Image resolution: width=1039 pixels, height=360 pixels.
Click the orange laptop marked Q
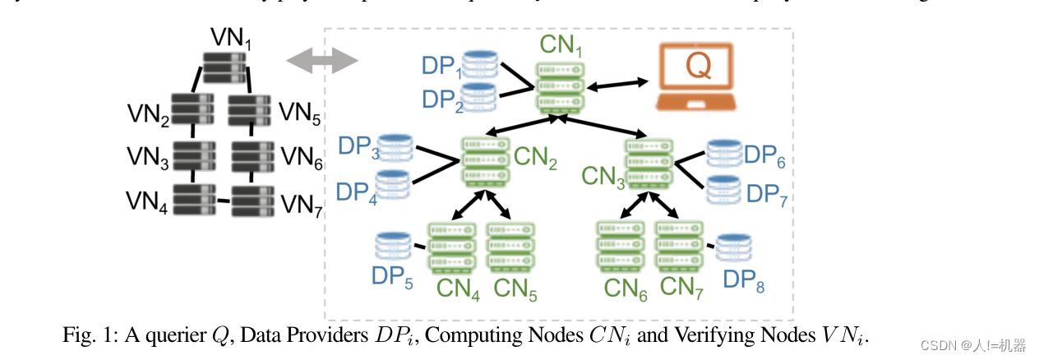click(x=697, y=77)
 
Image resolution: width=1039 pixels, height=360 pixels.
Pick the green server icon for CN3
click(x=649, y=164)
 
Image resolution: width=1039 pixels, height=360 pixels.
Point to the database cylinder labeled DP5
click(x=394, y=245)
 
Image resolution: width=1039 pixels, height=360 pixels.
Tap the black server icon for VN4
click(x=195, y=199)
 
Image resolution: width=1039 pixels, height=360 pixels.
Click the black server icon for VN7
click(x=252, y=200)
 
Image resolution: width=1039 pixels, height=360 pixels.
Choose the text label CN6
click(x=626, y=288)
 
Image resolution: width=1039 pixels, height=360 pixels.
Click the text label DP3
click(x=358, y=148)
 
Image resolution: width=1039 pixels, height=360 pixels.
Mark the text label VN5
click(x=300, y=113)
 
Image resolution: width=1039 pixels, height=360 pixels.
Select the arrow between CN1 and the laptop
click(x=621, y=83)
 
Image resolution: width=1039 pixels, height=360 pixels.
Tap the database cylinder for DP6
click(x=725, y=152)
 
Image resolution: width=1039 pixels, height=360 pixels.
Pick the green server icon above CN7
click(x=679, y=247)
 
